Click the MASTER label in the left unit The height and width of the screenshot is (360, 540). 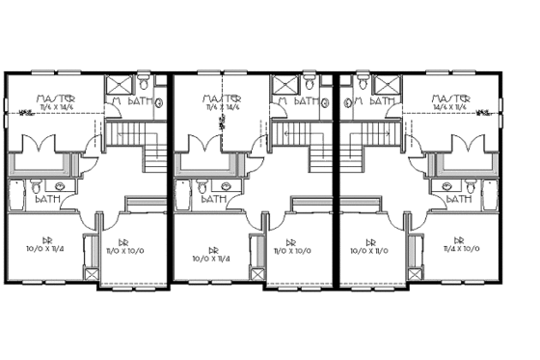[x=52, y=97]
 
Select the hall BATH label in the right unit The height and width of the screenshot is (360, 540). [x=461, y=200]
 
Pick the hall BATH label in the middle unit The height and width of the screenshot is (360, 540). [x=214, y=200]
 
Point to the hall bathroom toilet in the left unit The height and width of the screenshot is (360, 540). [x=36, y=184]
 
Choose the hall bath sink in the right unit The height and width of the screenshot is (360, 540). [x=446, y=184]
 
